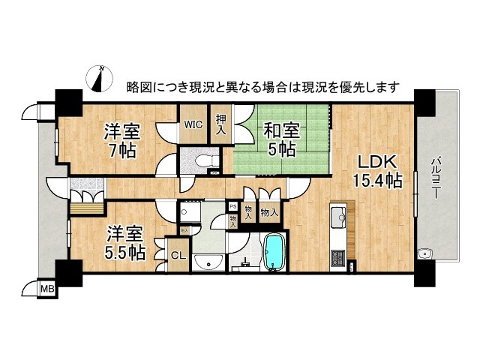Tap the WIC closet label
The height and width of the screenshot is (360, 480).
(191, 124)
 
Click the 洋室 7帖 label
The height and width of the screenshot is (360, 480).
(119, 141)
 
